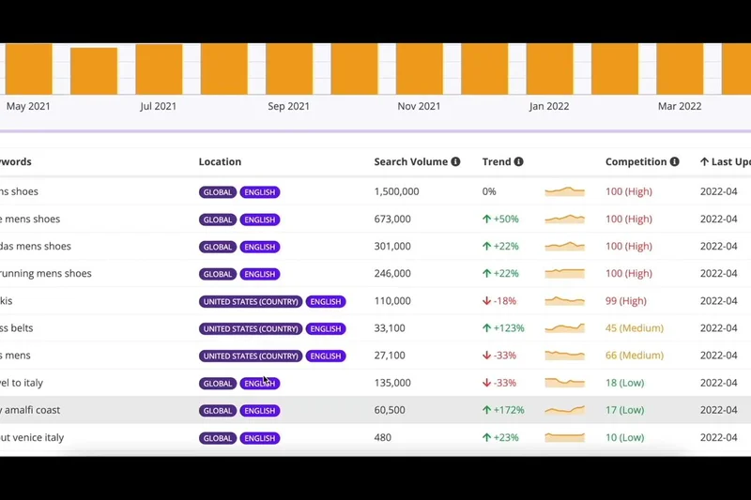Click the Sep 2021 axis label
tap(289, 106)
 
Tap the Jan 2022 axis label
tap(549, 106)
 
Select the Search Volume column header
tap(410, 161)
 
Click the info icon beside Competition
tap(674, 161)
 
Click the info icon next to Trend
tap(518, 161)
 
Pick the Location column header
tap(220, 161)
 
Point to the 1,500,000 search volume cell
tap(396, 191)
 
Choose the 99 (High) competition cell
tap(626, 301)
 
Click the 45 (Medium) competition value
tap(635, 328)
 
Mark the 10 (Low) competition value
tap(625, 437)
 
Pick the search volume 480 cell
tap(383, 437)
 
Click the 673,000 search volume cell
tap(392, 219)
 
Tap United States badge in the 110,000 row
tap(251, 302)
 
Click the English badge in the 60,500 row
tap(260, 411)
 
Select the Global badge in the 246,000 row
tap(218, 275)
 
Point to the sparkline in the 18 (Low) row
tap(564, 383)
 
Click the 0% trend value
tap(489, 191)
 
